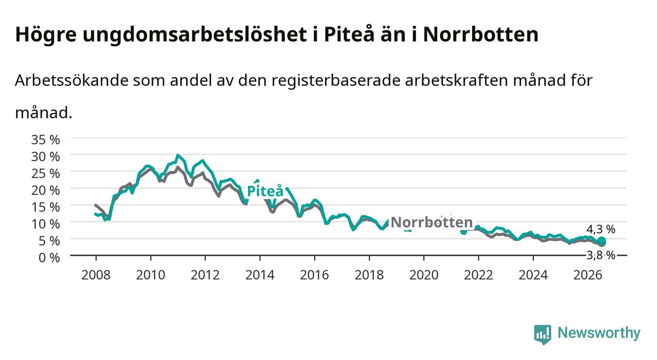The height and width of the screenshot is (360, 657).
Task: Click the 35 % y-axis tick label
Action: tap(46, 140)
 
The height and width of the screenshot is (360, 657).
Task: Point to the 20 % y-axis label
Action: tap(46, 190)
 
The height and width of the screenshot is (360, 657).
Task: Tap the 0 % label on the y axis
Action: tap(49, 257)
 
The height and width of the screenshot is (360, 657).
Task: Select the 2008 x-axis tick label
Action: tap(96, 275)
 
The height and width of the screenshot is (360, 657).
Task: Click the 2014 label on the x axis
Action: tap(260, 275)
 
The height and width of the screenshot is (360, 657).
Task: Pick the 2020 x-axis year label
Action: tap(424, 275)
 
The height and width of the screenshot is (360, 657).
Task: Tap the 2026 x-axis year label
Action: tap(588, 275)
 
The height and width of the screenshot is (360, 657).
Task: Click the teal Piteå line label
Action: tap(265, 191)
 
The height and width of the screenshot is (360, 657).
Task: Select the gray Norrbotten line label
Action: tap(432, 222)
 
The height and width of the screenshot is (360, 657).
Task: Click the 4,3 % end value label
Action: tap(601, 229)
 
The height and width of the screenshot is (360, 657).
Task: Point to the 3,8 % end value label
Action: tap(601, 255)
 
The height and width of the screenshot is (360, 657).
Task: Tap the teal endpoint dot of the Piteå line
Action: tap(602, 241)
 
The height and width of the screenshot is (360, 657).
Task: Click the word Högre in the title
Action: tap(46, 35)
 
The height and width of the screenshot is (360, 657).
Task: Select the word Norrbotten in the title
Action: tap(480, 35)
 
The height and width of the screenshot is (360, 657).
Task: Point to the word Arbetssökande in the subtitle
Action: tap(72, 80)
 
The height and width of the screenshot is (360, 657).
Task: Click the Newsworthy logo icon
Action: tap(543, 334)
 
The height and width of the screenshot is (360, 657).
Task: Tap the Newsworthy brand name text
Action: tap(599, 333)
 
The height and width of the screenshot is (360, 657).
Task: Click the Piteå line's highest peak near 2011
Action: tap(177, 155)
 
